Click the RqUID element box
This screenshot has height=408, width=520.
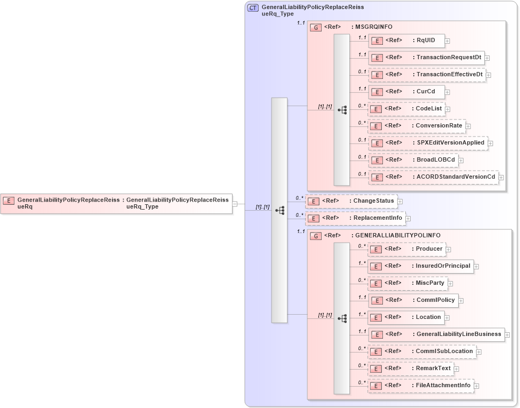406,41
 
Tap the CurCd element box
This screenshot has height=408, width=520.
406,92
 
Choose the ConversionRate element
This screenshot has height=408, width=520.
417,126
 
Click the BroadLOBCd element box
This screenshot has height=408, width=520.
413,160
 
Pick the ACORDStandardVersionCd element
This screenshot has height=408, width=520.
433,177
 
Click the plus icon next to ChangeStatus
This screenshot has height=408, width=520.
400,202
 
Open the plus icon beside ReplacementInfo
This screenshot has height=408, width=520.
408,219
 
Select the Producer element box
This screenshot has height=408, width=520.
406,249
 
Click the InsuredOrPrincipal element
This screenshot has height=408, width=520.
420,266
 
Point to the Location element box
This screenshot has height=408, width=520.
406,317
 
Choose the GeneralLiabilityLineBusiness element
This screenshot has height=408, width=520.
436,334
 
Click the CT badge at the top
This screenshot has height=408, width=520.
253,8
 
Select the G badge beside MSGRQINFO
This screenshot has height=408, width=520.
316,27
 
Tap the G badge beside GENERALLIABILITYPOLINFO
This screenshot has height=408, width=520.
316,236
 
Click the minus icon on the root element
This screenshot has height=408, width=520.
235,204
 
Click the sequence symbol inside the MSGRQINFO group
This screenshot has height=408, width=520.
342,110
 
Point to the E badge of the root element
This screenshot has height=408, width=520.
9,201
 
